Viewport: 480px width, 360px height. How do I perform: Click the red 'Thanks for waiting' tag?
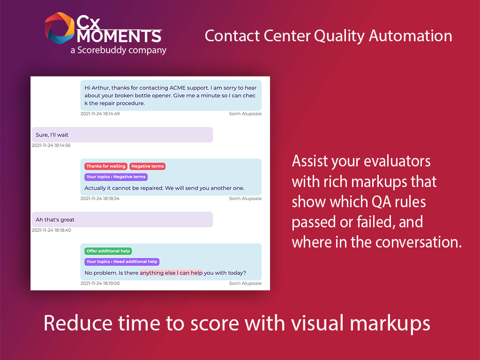click(x=106, y=166)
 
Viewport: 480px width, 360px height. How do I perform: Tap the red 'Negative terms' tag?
click(x=148, y=166)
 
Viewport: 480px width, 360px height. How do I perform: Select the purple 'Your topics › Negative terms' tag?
click(x=116, y=177)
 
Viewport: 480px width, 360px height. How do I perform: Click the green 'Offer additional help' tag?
click(x=108, y=251)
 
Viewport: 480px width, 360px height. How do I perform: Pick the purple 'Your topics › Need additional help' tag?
click(x=122, y=262)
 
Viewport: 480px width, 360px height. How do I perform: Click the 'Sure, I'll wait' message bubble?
click(x=122, y=135)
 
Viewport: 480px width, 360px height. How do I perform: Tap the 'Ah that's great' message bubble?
click(x=122, y=219)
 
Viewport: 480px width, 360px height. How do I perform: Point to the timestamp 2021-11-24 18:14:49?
click(x=100, y=114)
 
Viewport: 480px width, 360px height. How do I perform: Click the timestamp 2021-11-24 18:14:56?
click(x=51, y=145)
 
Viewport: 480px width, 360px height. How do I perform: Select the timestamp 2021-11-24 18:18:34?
click(x=100, y=199)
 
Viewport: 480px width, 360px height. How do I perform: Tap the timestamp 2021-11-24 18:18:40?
click(x=51, y=230)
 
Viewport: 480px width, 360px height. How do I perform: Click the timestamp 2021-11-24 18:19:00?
click(x=100, y=284)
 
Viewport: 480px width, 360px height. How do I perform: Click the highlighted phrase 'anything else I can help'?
click(x=171, y=273)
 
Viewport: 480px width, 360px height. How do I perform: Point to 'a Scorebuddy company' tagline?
click(x=118, y=50)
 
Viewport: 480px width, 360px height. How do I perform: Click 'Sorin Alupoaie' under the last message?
click(x=245, y=284)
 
